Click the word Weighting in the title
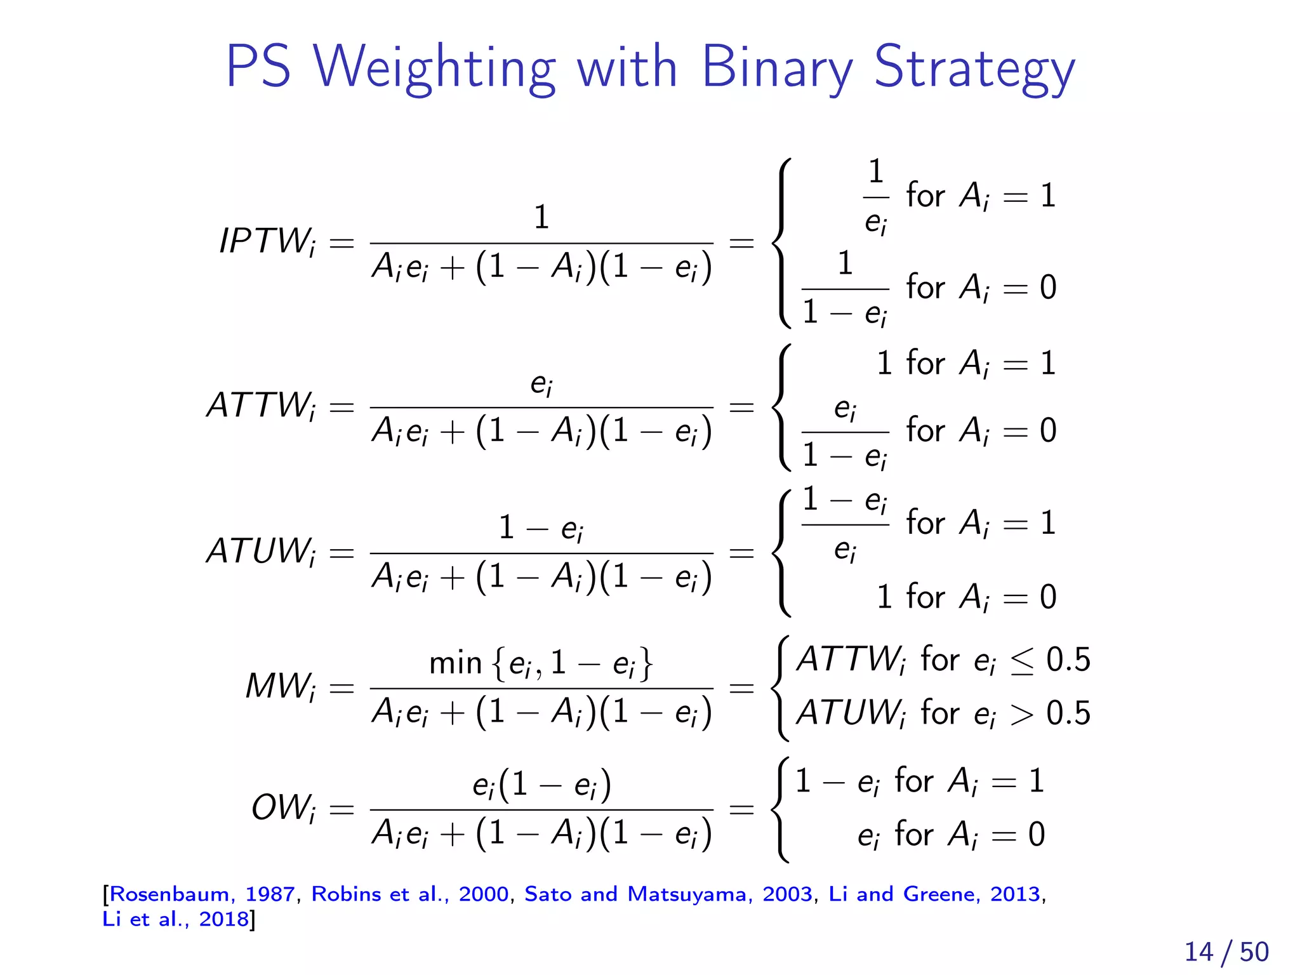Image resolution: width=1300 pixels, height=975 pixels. [x=434, y=69]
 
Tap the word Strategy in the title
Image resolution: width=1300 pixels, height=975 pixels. [x=974, y=69]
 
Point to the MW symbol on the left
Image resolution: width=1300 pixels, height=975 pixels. [x=280, y=687]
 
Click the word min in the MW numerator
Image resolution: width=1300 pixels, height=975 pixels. [x=455, y=663]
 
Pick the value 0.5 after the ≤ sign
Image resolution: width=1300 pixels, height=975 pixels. [x=1068, y=660]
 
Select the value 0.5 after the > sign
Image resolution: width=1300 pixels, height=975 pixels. [x=1068, y=713]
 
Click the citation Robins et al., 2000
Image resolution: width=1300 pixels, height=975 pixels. [x=410, y=894]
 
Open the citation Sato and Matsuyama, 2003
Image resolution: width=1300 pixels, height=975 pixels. [x=668, y=894]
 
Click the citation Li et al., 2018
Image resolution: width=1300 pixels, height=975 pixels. [x=176, y=919]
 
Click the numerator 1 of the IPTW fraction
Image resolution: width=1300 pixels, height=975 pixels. [x=541, y=217]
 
